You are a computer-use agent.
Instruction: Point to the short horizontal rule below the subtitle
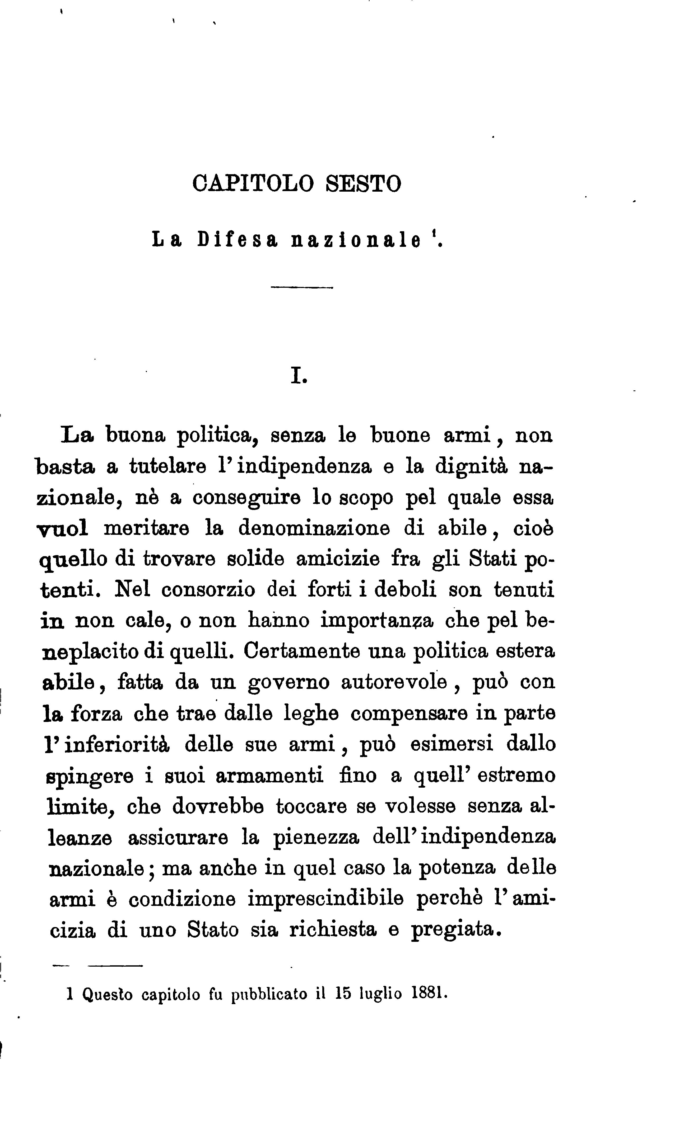click(302, 287)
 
